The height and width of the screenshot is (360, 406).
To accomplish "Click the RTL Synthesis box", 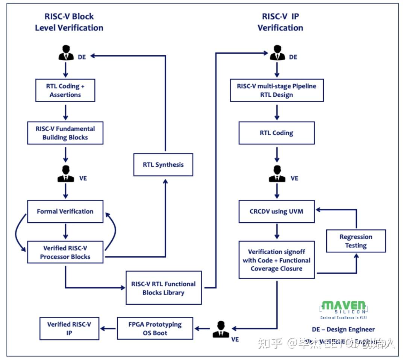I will point(163,165).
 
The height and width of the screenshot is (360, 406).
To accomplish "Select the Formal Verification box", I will point(65,211).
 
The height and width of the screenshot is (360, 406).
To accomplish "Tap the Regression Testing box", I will point(356,241).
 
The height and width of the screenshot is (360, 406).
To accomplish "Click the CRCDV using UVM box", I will point(276,211).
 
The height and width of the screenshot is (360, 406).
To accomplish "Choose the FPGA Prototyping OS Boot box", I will point(155,328).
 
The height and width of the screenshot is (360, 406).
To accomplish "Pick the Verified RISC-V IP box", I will point(69,328).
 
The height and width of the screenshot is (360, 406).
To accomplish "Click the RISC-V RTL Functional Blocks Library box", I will point(164,288).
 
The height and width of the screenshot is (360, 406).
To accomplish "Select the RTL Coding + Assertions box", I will point(65,90).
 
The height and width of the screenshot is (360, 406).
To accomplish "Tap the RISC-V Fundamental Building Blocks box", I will point(65,133).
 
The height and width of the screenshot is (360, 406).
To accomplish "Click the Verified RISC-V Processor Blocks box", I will point(65,252).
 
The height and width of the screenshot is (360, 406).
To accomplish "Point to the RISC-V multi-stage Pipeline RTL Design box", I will point(276,90).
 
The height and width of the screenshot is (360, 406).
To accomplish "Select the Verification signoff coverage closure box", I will point(276,260).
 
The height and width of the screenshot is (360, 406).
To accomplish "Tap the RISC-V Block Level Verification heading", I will point(69,22).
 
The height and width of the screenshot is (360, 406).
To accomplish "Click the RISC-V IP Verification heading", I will point(280,22).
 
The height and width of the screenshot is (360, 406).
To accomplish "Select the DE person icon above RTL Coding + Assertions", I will point(66,53).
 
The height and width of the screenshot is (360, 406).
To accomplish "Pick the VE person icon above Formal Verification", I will point(66,174).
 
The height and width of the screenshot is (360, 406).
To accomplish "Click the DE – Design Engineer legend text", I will point(343,330).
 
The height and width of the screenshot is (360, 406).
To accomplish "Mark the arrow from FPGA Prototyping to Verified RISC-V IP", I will point(108,329).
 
